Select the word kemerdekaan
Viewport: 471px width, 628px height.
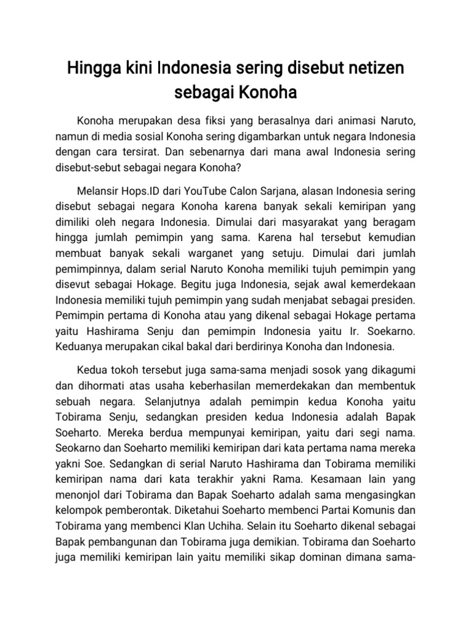coord(380,285)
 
